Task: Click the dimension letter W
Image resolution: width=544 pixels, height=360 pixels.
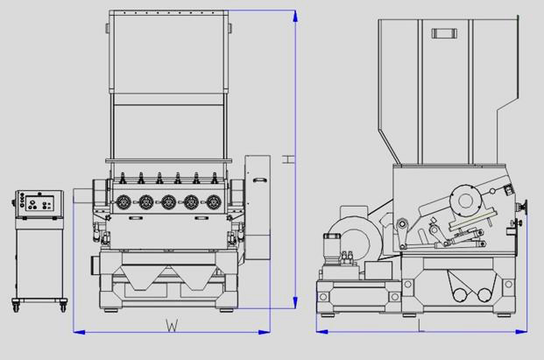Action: (x=172, y=325)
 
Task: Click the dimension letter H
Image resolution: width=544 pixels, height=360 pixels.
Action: (x=288, y=159)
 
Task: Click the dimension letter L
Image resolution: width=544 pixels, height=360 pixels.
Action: (x=421, y=326)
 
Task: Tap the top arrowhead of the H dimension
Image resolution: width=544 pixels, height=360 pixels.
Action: (x=295, y=16)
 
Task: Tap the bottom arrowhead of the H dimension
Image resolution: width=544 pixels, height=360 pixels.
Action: (x=295, y=302)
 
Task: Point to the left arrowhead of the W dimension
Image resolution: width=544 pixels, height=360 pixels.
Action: (x=79, y=332)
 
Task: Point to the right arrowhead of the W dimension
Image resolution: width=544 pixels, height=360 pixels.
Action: (x=265, y=332)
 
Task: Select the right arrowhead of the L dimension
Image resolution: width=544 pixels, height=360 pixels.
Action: (x=521, y=332)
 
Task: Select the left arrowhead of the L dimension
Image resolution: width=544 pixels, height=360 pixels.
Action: (x=322, y=332)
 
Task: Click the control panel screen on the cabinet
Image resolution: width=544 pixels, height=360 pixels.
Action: (x=39, y=203)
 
